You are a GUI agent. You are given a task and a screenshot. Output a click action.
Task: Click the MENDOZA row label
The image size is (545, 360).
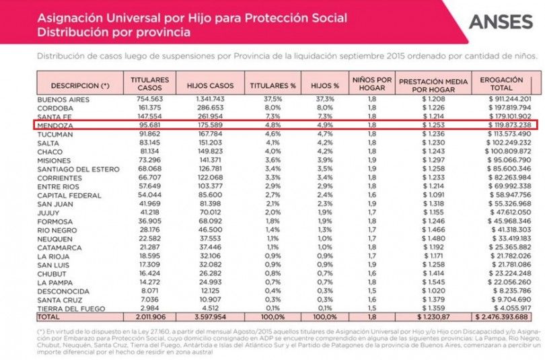point(54,125)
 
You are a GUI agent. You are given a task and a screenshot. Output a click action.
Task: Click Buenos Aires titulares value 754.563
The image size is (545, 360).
point(149,100)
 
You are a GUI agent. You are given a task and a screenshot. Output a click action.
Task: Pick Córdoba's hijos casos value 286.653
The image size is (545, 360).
point(210,108)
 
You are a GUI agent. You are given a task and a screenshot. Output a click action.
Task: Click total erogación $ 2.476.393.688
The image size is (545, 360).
point(503,315)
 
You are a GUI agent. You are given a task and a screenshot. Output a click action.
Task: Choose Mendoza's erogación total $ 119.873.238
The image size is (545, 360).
point(505,125)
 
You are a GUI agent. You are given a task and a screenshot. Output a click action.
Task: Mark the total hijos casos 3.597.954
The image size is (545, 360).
point(210,315)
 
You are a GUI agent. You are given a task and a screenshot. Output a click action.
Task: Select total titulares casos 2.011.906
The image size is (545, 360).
point(149,315)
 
